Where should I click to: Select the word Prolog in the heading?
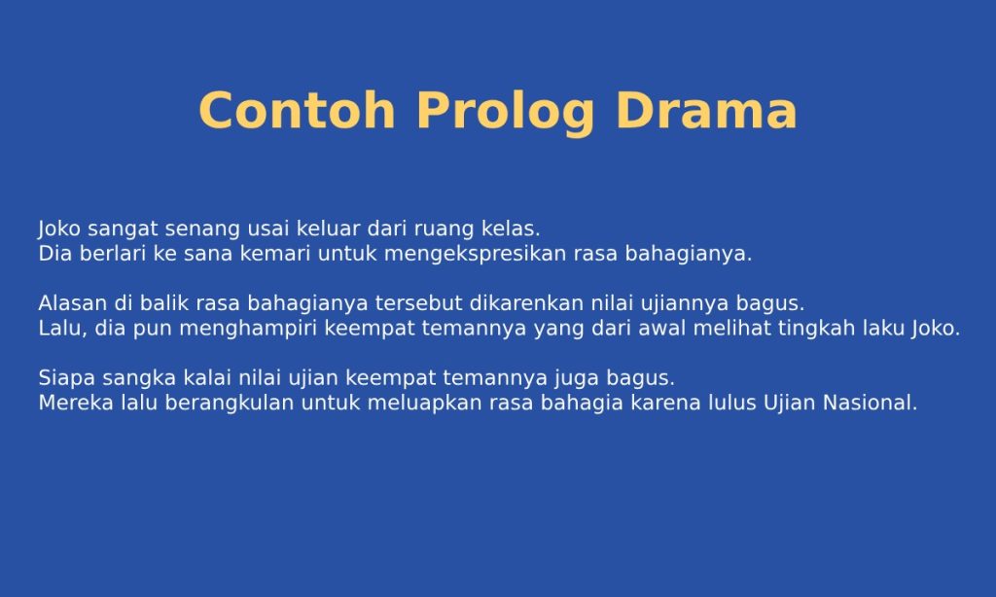[505, 111]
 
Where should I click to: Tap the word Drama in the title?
[705, 111]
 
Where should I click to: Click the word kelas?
[511, 229]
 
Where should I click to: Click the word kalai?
[197, 376]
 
